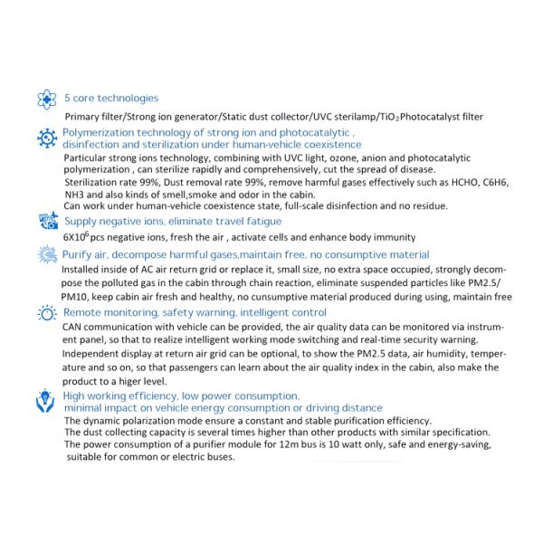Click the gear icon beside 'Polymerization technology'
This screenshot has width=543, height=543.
pyautogui.click(x=47, y=138)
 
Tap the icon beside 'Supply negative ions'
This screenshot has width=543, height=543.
pyautogui.click(x=47, y=221)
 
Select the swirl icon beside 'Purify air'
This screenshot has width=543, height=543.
pyautogui.click(x=47, y=255)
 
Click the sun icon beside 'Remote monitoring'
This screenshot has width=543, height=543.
pyautogui.click(x=47, y=312)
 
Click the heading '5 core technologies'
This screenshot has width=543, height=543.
pyautogui.click(x=111, y=98)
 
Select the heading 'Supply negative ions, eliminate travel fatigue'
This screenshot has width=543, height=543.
pyautogui.click(x=172, y=221)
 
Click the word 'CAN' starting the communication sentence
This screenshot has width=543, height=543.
pyautogui.click(x=73, y=327)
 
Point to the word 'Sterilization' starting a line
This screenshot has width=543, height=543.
pyautogui.click(x=97, y=181)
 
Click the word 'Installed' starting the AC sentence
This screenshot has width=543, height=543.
pyautogui.click(x=82, y=270)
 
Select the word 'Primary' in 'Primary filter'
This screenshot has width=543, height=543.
pyautogui.click(x=86, y=117)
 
